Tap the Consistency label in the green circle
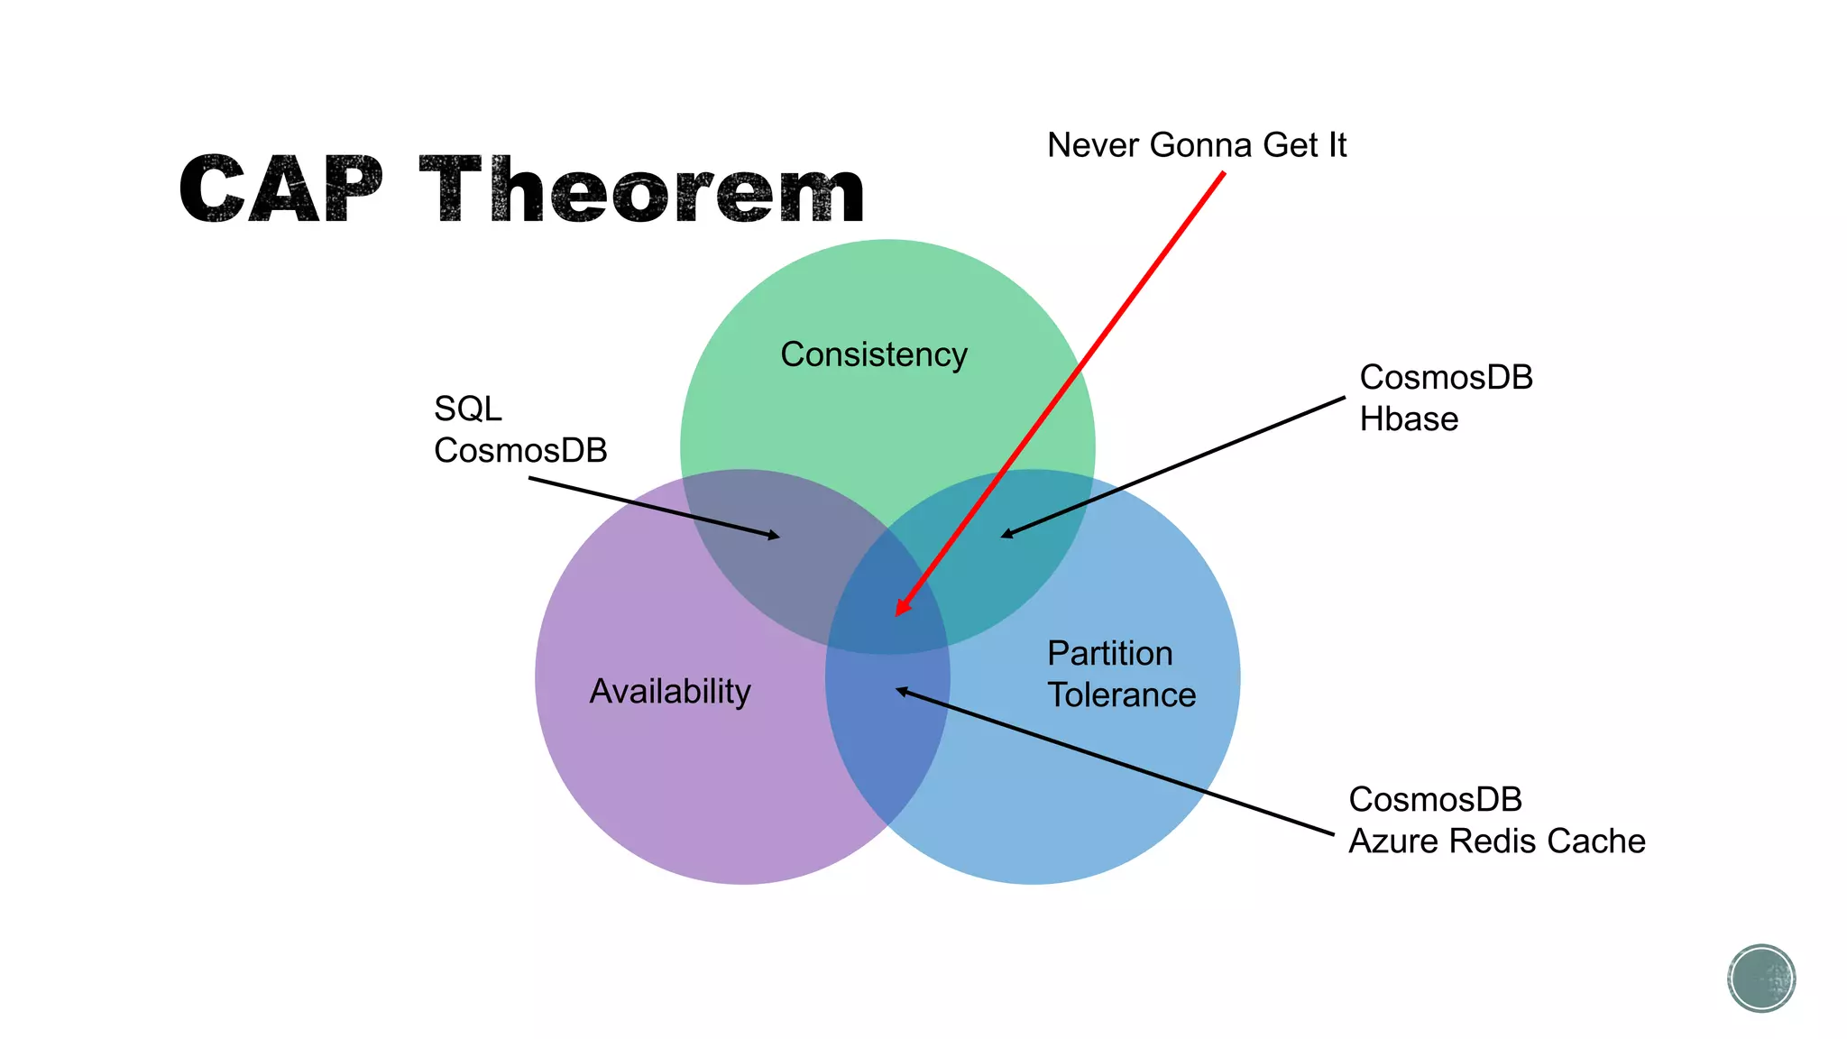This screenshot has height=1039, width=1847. point(873,354)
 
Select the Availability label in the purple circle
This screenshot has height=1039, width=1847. point(670,692)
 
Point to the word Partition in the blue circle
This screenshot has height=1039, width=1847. point(1109,653)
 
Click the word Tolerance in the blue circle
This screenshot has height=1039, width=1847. point(1121,695)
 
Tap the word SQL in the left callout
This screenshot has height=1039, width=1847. point(467,409)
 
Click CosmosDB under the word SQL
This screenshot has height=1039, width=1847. point(520,450)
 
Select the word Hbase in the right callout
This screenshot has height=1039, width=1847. point(1409,419)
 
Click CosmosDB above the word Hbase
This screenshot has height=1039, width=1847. point(1446,377)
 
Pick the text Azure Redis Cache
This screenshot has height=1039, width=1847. point(1496,841)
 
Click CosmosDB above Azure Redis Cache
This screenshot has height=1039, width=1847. point(1435,799)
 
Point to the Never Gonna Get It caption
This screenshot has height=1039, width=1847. point(1196,145)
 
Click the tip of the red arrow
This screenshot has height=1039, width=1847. point(897,614)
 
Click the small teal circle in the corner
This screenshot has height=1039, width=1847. point(1761,979)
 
